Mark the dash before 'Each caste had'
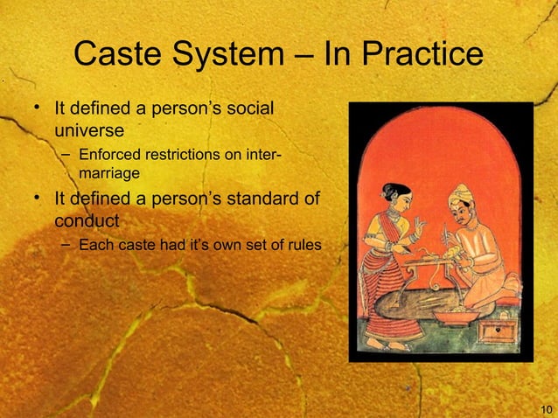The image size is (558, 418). pos(66,244)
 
